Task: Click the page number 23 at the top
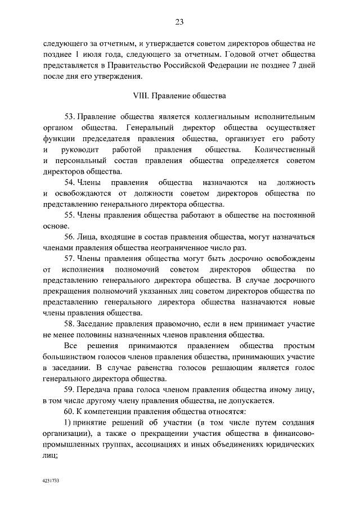click(179, 22)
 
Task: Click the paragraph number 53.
click(70, 117)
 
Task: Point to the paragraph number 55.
click(70, 215)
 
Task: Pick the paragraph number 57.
click(70, 258)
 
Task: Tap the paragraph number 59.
click(70, 390)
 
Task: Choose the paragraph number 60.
click(70, 412)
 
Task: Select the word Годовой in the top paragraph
click(242, 55)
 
